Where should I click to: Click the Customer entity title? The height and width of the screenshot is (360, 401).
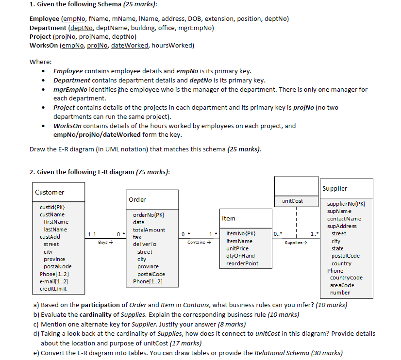[x=50, y=193]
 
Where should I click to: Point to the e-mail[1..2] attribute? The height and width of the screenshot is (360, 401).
[x=54, y=281]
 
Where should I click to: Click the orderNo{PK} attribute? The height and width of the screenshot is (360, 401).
[x=148, y=215]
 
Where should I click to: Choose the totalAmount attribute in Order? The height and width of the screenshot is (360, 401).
[x=149, y=230]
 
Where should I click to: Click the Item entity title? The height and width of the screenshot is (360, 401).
[x=229, y=219]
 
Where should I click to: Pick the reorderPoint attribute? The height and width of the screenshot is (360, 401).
[x=242, y=263]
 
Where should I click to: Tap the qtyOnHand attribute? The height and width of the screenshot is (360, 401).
[x=240, y=256]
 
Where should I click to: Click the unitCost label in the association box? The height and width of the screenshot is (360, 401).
[x=292, y=201]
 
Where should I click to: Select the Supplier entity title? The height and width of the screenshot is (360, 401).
[x=335, y=188]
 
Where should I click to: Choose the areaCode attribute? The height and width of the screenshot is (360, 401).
[x=342, y=285]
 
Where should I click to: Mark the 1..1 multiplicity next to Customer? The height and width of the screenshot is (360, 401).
[x=91, y=234]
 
